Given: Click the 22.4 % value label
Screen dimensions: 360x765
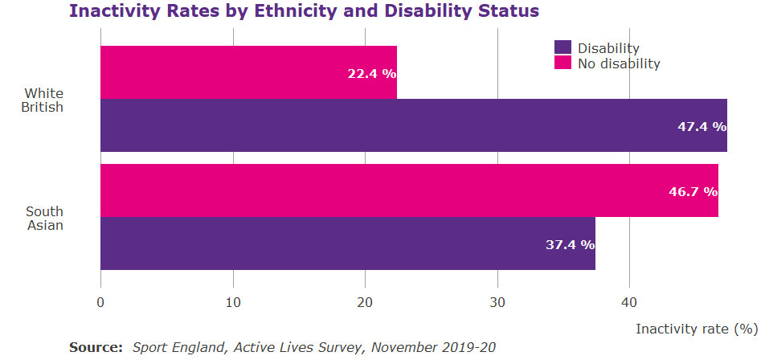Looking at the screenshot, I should pos(371,73).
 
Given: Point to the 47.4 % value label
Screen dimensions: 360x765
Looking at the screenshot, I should pos(702,126).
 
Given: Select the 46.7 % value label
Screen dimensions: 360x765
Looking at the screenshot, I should pos(693,191).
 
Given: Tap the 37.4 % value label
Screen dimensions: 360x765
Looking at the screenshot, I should pos(570,244).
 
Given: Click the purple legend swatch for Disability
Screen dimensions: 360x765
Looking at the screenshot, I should pos(562,48).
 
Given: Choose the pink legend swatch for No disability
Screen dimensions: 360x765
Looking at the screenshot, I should pos(562,63).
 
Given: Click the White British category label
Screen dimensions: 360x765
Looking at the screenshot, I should pos(43,100).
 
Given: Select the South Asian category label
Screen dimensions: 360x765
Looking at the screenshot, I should pos(44,218).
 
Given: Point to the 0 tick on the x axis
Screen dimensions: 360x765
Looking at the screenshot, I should pos(100,303).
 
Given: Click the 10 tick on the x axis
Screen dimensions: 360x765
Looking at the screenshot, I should pos(233,303).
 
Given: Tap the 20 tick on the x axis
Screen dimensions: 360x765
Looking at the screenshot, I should pos(365,303).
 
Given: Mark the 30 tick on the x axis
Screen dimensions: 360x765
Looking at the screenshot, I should pos(497,303).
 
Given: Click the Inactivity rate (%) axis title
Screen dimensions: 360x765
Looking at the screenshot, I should pos(697,329).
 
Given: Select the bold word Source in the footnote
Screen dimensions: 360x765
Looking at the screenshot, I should pos(95,347).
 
